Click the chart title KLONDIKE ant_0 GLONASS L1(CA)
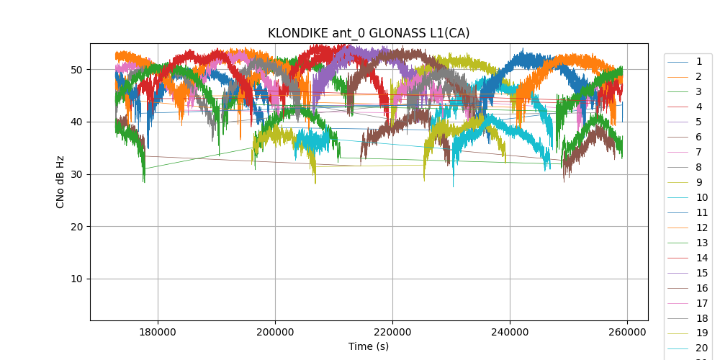click(369, 33)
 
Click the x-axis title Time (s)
click(369, 346)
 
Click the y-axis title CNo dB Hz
click(60, 181)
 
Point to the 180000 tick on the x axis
click(158, 331)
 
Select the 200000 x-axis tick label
click(275, 331)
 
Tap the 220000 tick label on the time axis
click(392, 331)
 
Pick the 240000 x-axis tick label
click(510, 331)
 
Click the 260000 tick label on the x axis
click(627, 331)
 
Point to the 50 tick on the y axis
click(76, 70)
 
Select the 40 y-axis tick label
click(76, 122)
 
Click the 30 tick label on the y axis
click(76, 174)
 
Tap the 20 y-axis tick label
click(76, 227)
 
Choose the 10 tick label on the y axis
click(76, 279)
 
